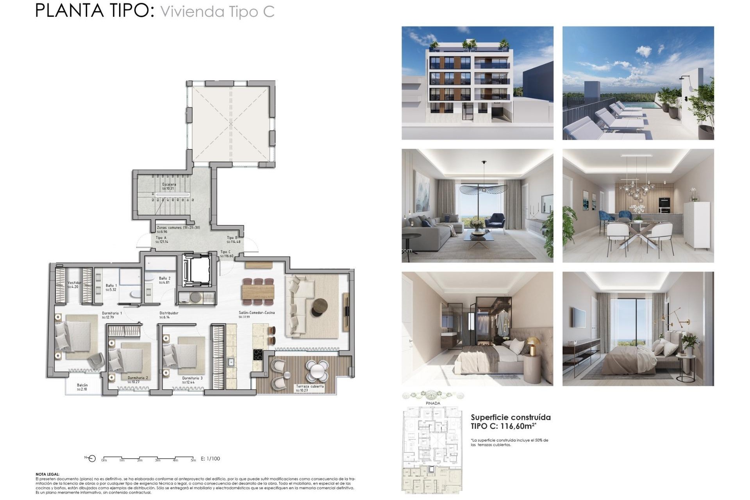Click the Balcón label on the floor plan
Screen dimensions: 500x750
point(82,385)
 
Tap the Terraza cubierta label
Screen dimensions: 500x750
point(309,386)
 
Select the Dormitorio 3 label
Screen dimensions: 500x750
point(192,378)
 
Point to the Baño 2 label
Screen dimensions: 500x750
point(164,278)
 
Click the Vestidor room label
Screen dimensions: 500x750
point(74,283)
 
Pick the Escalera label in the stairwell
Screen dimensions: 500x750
point(169,184)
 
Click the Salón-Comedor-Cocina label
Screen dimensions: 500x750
point(257,312)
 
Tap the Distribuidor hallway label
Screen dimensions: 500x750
point(169,313)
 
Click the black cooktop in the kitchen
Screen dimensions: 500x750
point(258,355)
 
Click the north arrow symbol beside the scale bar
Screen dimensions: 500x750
point(91,458)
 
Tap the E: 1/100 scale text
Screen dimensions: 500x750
point(210,459)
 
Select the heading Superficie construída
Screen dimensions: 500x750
point(511,417)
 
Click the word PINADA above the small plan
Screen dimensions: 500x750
point(433,403)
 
